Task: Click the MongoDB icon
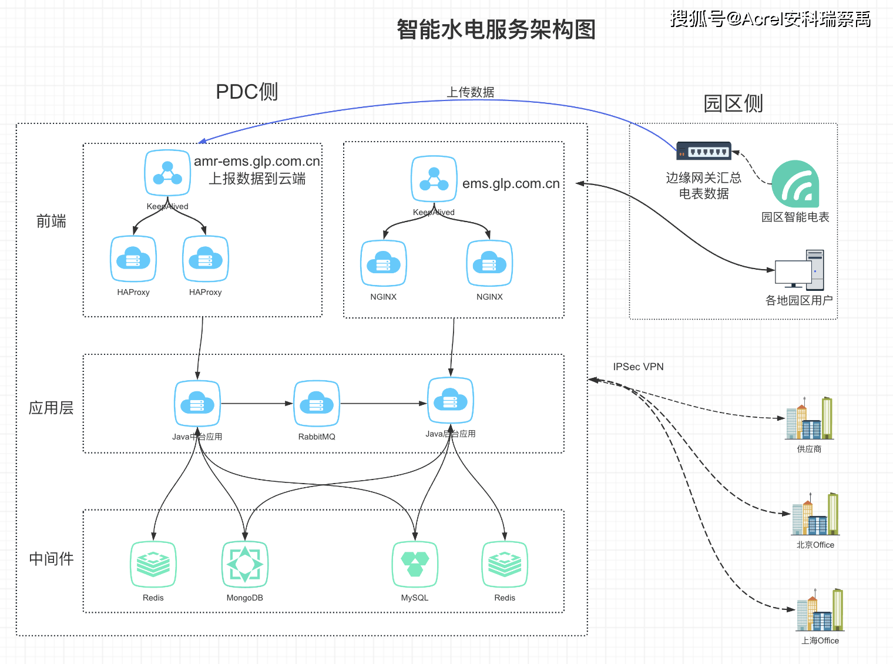[245, 564]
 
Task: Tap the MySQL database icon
[415, 564]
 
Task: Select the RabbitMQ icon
[317, 404]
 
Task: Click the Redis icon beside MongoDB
[153, 564]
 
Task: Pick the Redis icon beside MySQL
[505, 564]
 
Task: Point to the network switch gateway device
[703, 151]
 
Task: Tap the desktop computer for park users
[800, 270]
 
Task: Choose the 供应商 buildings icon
[810, 418]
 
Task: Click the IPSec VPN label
[638, 367]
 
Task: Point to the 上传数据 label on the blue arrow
[471, 92]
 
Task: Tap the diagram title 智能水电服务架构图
[496, 29]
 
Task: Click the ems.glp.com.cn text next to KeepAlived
[511, 184]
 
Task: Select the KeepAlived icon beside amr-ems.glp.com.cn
[167, 173]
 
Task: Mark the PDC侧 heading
[247, 92]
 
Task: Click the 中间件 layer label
[52, 558]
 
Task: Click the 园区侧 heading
[733, 103]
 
